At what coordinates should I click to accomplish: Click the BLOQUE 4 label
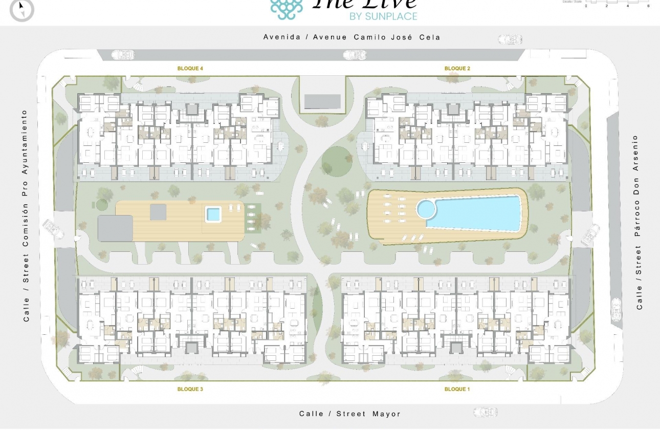point(190,68)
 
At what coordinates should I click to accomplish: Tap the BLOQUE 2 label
point(457,68)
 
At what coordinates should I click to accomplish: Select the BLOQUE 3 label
point(190,389)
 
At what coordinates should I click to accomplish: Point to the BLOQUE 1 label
point(457,389)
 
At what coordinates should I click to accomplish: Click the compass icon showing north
point(21,9)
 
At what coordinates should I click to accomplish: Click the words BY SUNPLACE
point(383,16)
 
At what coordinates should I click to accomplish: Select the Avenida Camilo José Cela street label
point(351,37)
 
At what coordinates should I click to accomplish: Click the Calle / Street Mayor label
point(350,414)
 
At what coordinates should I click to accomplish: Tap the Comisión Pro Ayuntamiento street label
point(25,216)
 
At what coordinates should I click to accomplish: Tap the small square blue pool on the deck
point(213,213)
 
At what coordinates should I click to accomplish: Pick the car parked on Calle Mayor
point(485,412)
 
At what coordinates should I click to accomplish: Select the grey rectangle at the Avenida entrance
point(322,101)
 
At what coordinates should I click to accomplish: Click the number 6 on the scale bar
point(648,6)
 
